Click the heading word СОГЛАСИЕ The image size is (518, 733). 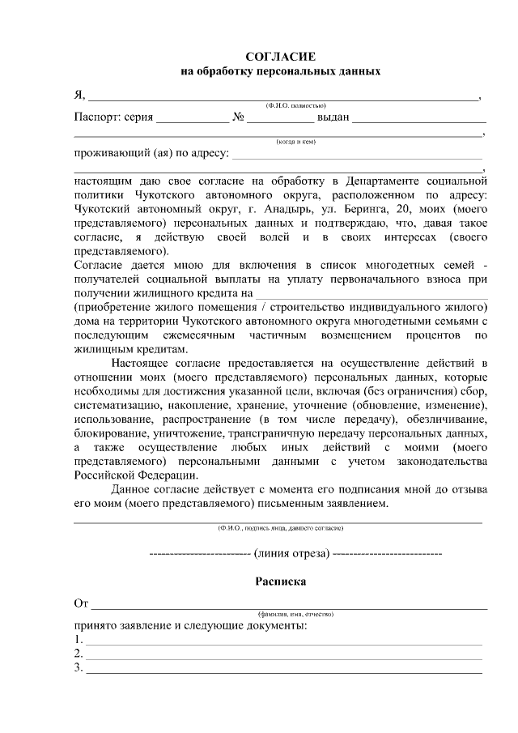pos(280,56)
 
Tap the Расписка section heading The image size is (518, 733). pos(280,581)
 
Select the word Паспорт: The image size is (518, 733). pos(96,117)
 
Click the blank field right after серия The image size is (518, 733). pos(192,118)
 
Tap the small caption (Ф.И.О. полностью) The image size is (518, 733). pos(295,105)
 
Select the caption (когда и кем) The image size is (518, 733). pos(295,141)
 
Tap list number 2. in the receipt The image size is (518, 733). pos(79,654)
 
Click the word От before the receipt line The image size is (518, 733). pos(81,603)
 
